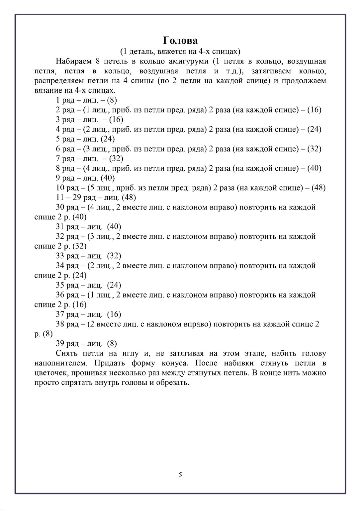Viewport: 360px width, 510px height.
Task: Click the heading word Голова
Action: point(180,41)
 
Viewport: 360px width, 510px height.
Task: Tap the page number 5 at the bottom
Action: point(180,475)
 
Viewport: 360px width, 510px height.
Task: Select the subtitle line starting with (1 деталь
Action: point(180,51)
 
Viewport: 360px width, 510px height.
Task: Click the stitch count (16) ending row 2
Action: point(314,110)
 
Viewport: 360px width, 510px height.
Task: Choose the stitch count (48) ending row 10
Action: point(318,188)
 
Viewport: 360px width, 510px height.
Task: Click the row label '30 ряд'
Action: point(67,207)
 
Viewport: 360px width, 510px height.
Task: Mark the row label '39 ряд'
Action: point(67,343)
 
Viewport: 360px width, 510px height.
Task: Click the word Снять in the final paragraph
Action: point(67,353)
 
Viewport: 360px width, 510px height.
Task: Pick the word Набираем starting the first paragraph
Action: point(73,61)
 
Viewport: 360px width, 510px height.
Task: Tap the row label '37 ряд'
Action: point(67,314)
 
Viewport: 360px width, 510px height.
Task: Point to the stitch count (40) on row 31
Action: point(114,227)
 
